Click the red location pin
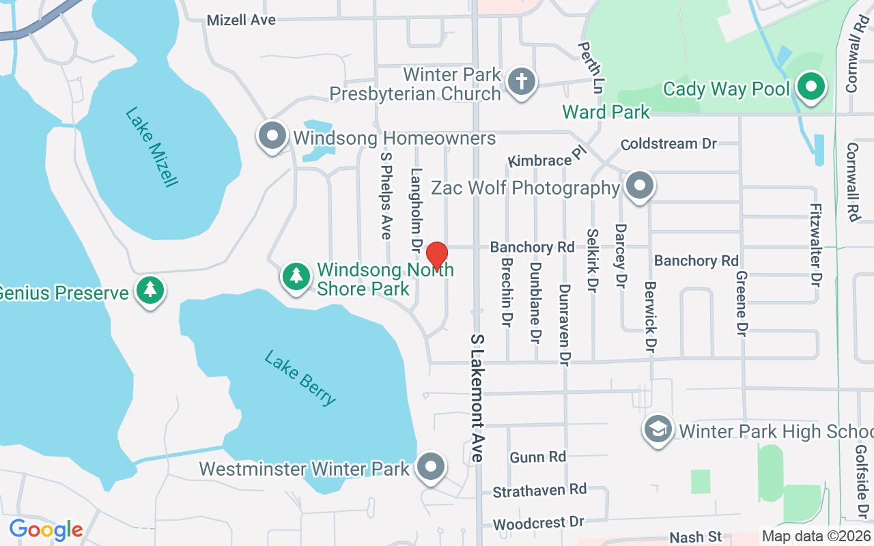436,256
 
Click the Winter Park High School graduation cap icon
658,430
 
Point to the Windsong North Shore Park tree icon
296,276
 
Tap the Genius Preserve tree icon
150,291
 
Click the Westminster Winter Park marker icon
430,468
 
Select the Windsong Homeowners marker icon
272,136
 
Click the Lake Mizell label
152,147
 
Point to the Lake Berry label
300,377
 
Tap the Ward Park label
606,111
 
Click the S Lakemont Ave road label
477,398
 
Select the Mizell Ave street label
241,20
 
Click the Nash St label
695,538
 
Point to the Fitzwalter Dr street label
814,244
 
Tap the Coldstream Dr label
668,144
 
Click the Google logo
46,530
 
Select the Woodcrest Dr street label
539,523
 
